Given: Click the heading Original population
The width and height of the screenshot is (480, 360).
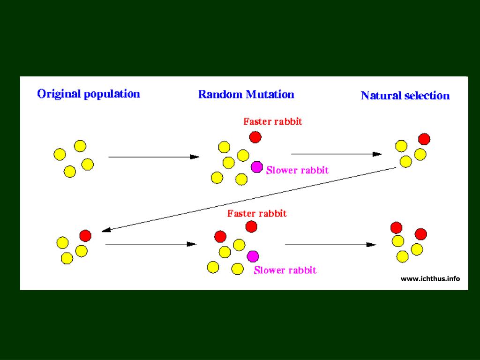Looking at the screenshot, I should tap(89, 94).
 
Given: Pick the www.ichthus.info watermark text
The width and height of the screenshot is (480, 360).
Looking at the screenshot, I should tap(430, 279).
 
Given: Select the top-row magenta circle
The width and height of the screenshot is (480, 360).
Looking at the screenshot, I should tap(257, 167).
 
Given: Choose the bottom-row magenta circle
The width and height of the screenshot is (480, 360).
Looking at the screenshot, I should tap(253, 256).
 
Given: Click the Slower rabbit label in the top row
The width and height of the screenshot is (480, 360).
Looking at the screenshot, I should tap(297, 171).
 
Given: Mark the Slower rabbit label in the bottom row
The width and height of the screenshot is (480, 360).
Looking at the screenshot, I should tap(285, 270).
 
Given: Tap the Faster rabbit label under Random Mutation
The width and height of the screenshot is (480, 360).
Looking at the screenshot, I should tap(273, 122).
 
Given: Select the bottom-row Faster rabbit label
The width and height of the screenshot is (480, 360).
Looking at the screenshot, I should tap(257, 214).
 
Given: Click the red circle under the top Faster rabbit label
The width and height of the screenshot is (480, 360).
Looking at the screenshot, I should tap(255, 137).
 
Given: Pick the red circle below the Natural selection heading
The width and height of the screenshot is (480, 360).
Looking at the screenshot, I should tap(424, 139).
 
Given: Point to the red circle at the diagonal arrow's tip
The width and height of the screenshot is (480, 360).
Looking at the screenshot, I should tap(85, 235).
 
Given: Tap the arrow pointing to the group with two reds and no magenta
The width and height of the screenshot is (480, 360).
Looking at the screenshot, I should tap(330, 245).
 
